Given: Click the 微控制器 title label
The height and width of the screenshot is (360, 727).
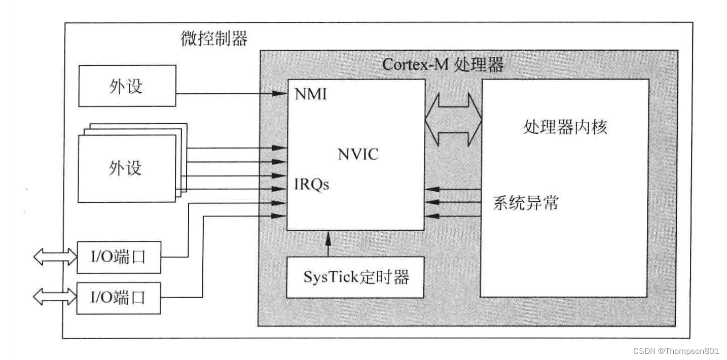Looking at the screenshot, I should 214,38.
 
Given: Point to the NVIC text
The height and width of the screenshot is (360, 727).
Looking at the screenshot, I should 358,154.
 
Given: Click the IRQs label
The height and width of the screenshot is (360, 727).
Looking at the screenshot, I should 312,185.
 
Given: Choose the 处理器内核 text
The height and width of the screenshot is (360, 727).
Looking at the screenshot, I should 564,127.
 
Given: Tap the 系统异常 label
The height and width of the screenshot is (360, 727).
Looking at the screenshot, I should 525,203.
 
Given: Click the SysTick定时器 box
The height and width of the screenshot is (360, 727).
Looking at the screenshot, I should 356,277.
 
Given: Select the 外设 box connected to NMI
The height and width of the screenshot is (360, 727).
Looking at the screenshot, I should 127,87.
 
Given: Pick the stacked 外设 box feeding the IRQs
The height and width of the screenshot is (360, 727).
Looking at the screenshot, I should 127,167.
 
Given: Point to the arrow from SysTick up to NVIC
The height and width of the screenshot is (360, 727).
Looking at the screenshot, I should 328,244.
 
